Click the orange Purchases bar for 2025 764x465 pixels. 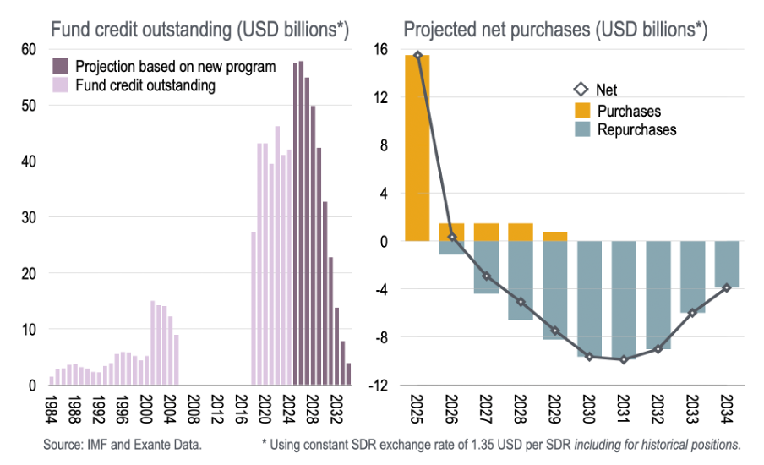coord(417,148)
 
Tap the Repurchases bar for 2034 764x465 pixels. coord(728,265)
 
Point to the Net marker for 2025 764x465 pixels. coord(417,56)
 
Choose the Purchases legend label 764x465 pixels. coord(629,111)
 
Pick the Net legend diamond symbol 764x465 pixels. coord(581,90)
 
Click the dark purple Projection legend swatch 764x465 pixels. coord(61,66)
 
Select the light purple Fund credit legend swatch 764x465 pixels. coord(61,85)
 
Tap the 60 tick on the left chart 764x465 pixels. coord(29,49)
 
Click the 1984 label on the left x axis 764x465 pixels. coord(52,409)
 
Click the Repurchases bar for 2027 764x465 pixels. coord(486,267)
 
